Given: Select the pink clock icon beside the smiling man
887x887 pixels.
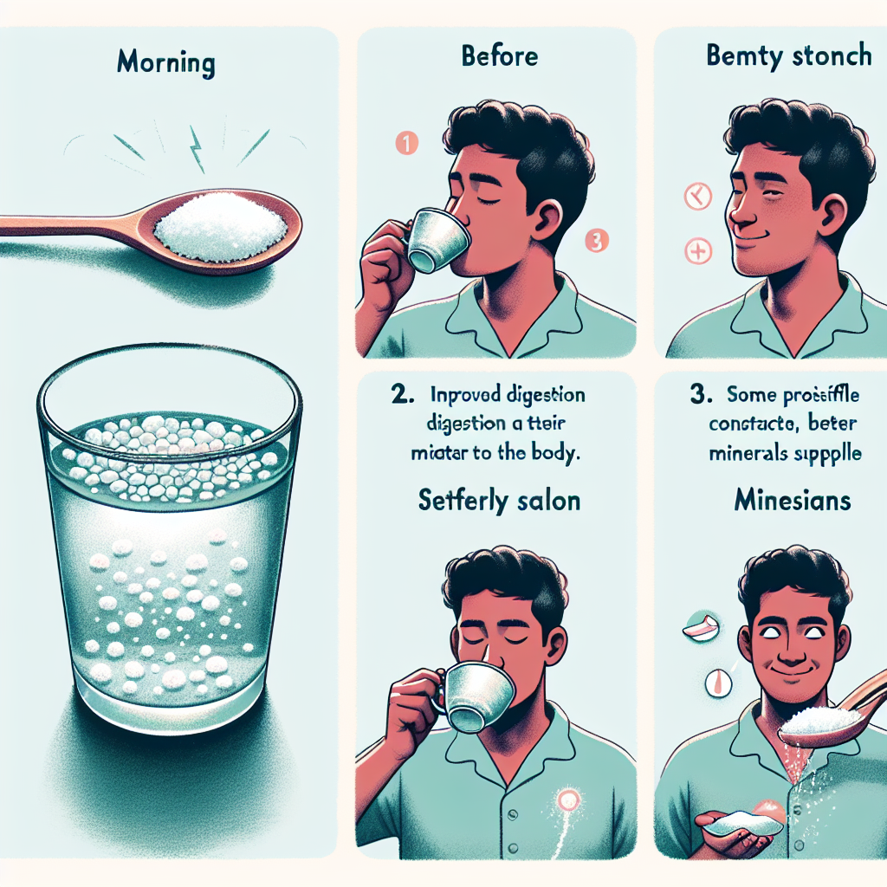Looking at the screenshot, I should pyautogui.click(x=697, y=198).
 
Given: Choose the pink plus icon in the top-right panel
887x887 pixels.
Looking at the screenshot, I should pyautogui.click(x=697, y=252).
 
